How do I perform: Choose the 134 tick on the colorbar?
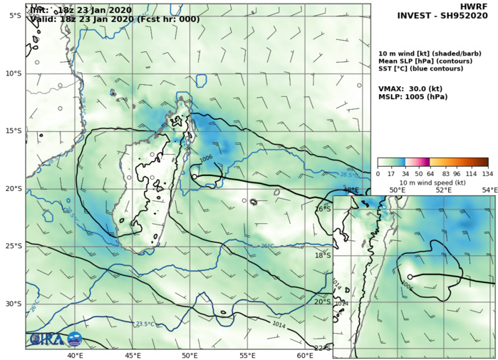pyautogui.click(x=487, y=173)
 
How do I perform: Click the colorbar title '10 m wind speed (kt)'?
pyautogui.click(x=432, y=182)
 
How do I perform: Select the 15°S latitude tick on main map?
pyautogui.click(x=12, y=130)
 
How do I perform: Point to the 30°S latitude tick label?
pyautogui.click(x=12, y=304)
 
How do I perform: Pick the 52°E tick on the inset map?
pyautogui.click(x=443, y=190)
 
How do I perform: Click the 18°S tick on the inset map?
pyautogui.click(x=323, y=255)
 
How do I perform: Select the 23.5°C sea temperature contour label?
pyautogui.click(x=145, y=324)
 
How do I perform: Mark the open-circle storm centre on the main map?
pyautogui.click(x=194, y=176)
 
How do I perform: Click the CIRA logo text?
pyautogui.click(x=45, y=340)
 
